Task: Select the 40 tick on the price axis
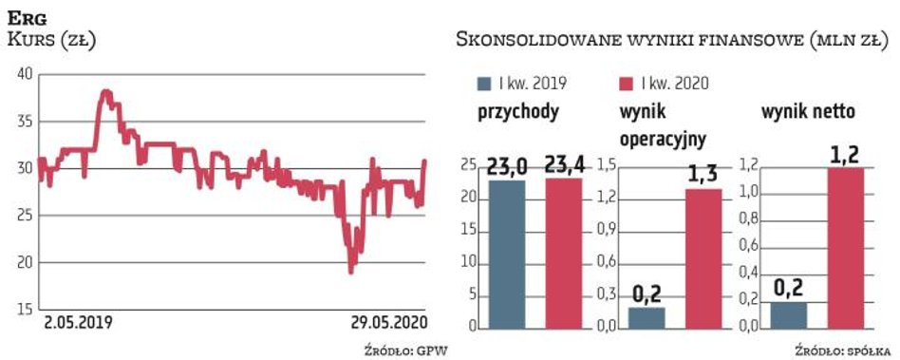point(24,74)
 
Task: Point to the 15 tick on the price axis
point(24,310)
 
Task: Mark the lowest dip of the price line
point(351,272)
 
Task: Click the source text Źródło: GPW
point(405,350)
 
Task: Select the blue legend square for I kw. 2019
point(485,84)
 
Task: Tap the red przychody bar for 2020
point(562,252)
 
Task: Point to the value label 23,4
point(562,164)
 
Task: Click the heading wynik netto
point(809,112)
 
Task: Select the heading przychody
point(517,112)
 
